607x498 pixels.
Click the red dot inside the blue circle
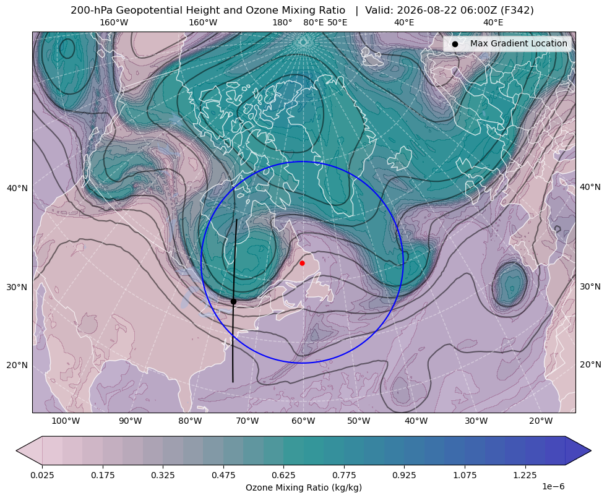(302, 263)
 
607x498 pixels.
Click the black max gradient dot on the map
(233, 301)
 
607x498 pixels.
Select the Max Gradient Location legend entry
(507, 44)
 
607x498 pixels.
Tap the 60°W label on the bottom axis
(303, 421)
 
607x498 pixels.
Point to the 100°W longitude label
(66, 421)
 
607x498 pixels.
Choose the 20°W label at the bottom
(541, 421)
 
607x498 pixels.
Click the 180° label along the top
(282, 22)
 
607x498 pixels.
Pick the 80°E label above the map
(313, 22)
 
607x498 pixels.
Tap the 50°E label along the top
(337, 22)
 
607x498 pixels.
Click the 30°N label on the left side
(17, 287)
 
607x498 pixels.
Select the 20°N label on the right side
(590, 364)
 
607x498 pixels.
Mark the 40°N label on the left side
(17, 188)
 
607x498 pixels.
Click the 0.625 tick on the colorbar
(283, 475)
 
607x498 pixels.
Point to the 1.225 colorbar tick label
(525, 475)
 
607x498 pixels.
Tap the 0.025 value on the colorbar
(42, 475)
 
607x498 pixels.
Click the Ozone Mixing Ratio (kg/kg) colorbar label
(303, 487)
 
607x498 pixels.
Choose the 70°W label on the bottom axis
(247, 421)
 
